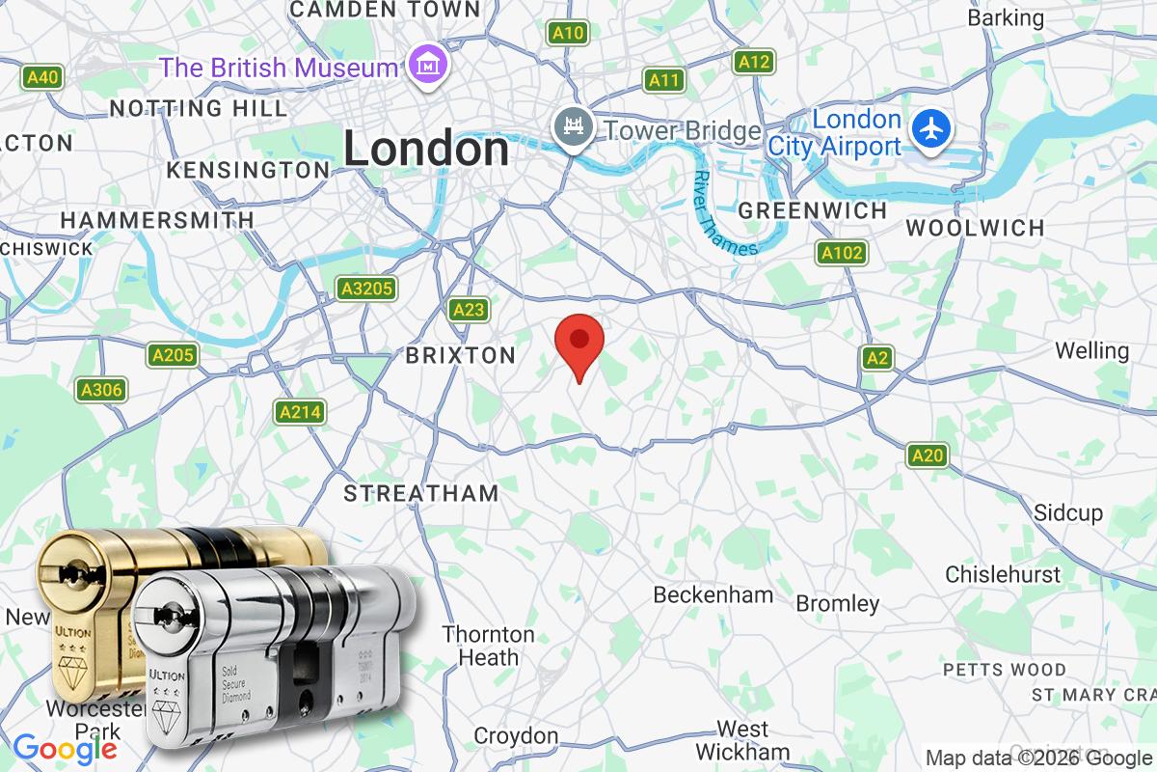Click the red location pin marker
579,343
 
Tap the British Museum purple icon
426,66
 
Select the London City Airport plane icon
931,130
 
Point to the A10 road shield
568,34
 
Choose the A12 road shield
753,63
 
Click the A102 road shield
842,254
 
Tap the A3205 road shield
365,289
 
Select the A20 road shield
928,455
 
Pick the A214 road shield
299,413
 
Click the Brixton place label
461,356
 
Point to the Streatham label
421,494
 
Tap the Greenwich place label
812,210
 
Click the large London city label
426,150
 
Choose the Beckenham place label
713,594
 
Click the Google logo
66,748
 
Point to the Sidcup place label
1067,512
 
